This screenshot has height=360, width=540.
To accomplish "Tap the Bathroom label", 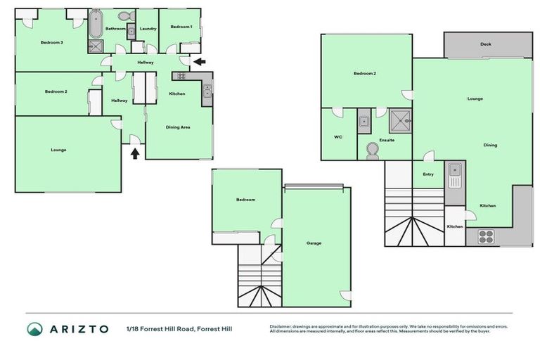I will [x=115, y=29].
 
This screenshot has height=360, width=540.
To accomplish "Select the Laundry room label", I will [x=148, y=29].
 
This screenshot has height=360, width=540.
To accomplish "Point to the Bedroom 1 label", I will [x=181, y=27].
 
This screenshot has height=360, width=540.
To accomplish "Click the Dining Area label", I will [x=178, y=127].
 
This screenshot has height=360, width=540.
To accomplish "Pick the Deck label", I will [x=486, y=44].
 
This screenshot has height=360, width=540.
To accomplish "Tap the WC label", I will [x=337, y=136].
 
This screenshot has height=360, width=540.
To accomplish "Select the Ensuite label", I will [x=387, y=140].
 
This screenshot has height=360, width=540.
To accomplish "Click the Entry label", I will [x=428, y=174].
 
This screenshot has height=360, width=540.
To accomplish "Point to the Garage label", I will [x=314, y=243].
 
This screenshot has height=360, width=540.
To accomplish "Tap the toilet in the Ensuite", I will [x=373, y=152].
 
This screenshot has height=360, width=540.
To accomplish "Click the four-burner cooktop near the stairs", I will [x=487, y=236].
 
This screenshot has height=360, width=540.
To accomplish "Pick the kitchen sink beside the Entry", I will [x=455, y=171].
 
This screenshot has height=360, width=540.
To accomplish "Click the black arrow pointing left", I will [x=200, y=62].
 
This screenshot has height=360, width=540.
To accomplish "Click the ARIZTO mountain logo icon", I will [x=35, y=329].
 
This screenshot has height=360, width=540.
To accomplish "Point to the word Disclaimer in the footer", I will [x=281, y=327].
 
